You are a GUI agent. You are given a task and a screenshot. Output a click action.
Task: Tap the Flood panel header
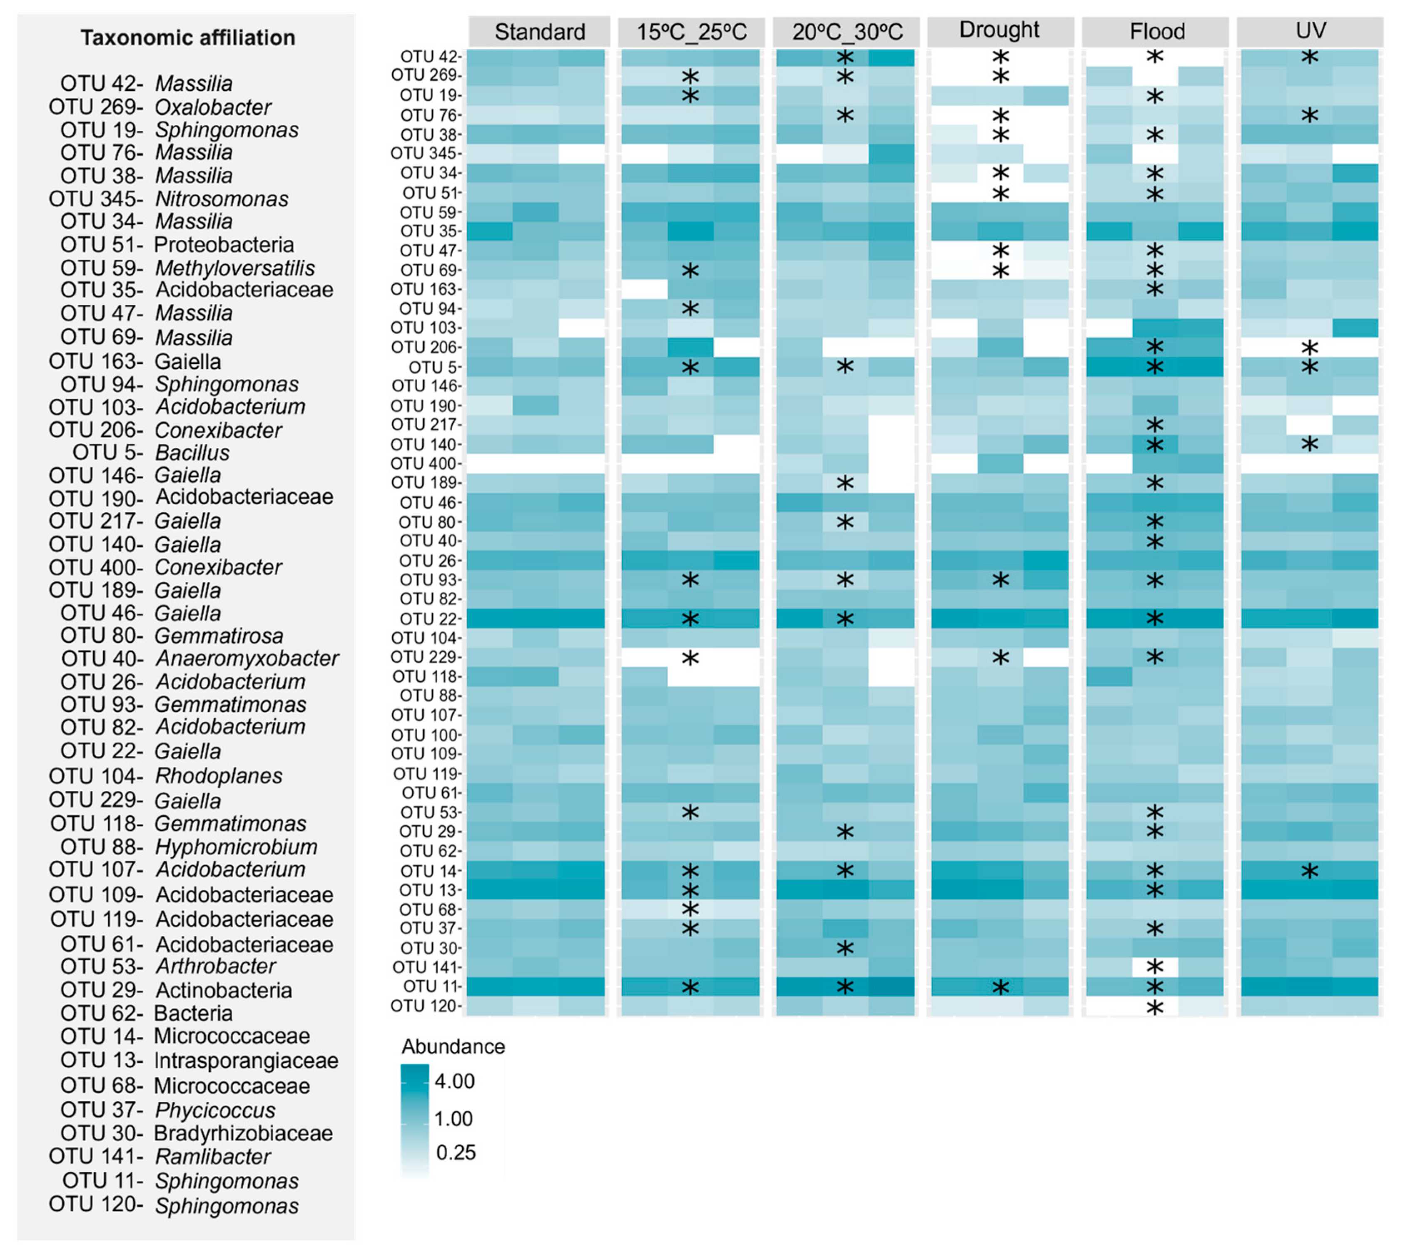1157,32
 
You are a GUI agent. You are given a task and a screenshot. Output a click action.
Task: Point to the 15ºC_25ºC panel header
691,32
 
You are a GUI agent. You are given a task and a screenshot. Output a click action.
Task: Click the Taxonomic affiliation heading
187,37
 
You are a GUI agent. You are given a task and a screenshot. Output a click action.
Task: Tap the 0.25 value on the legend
456,1153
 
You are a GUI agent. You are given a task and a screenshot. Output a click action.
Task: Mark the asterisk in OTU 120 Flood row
1154,1008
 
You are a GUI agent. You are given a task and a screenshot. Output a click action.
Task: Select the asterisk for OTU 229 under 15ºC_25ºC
690,658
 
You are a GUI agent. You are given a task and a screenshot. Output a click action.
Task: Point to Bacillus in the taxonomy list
192,453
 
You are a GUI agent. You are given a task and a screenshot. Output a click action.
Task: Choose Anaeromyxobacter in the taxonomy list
247,659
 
